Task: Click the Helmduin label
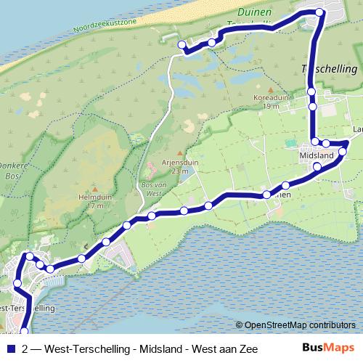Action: (x=94, y=197)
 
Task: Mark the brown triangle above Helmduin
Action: (x=94, y=187)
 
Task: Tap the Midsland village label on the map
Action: (x=316, y=156)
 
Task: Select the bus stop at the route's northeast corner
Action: (x=319, y=12)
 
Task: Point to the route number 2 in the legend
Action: (x=26, y=348)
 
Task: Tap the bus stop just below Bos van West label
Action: (x=152, y=216)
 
